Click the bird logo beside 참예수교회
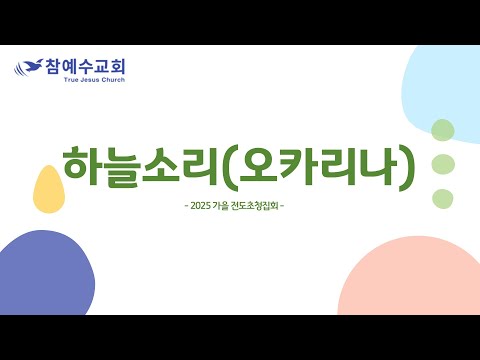tap(29, 67)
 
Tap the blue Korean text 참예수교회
tap(85, 66)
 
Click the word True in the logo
tap(71, 80)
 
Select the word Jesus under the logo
tap(90, 80)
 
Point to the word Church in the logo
tap(113, 80)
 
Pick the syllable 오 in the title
tap(259, 164)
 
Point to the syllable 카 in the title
tap(298, 165)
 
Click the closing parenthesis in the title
tap(407, 168)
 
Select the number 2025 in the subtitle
tap(200, 206)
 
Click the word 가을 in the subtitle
tap(220, 206)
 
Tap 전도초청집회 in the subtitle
tap(254, 206)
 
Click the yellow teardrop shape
tap(49, 189)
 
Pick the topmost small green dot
tap(443, 130)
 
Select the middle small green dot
tap(443, 164)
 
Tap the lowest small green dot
tap(443, 199)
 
